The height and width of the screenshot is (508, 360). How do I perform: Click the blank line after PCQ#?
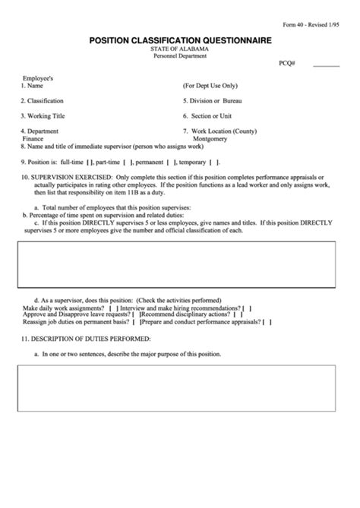tap(327, 66)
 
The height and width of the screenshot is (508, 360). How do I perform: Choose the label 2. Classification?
tap(43, 101)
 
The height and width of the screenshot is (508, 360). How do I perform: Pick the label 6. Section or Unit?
tap(207, 116)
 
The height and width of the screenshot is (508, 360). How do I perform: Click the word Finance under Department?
tap(32, 139)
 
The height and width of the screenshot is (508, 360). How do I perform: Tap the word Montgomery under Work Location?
tap(210, 139)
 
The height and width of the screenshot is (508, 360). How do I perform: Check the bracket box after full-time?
tap(90, 162)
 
